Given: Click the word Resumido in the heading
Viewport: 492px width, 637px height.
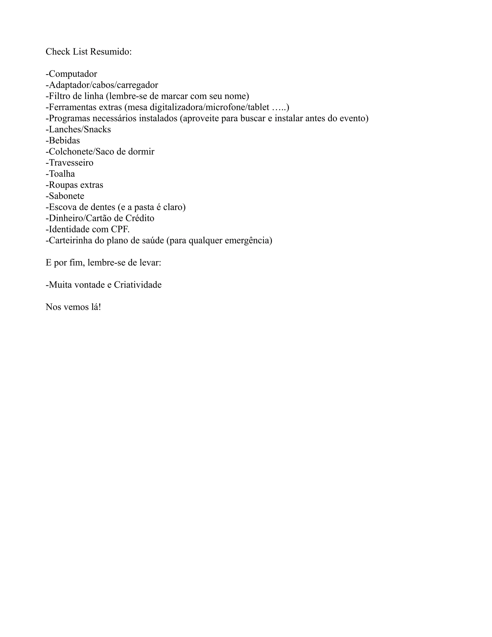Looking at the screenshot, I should (x=111, y=52).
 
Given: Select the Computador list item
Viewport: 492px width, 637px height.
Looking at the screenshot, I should (x=73, y=74).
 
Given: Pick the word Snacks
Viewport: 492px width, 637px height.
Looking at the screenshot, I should (x=97, y=129).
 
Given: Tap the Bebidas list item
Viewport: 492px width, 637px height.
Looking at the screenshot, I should (x=64, y=140).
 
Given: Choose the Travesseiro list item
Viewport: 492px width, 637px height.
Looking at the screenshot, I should (x=71, y=162).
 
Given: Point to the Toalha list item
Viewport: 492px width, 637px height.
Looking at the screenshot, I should (x=62, y=174).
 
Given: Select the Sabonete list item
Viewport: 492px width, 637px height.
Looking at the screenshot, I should (x=67, y=196).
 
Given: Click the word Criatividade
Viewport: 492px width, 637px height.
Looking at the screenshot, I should (x=138, y=285).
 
